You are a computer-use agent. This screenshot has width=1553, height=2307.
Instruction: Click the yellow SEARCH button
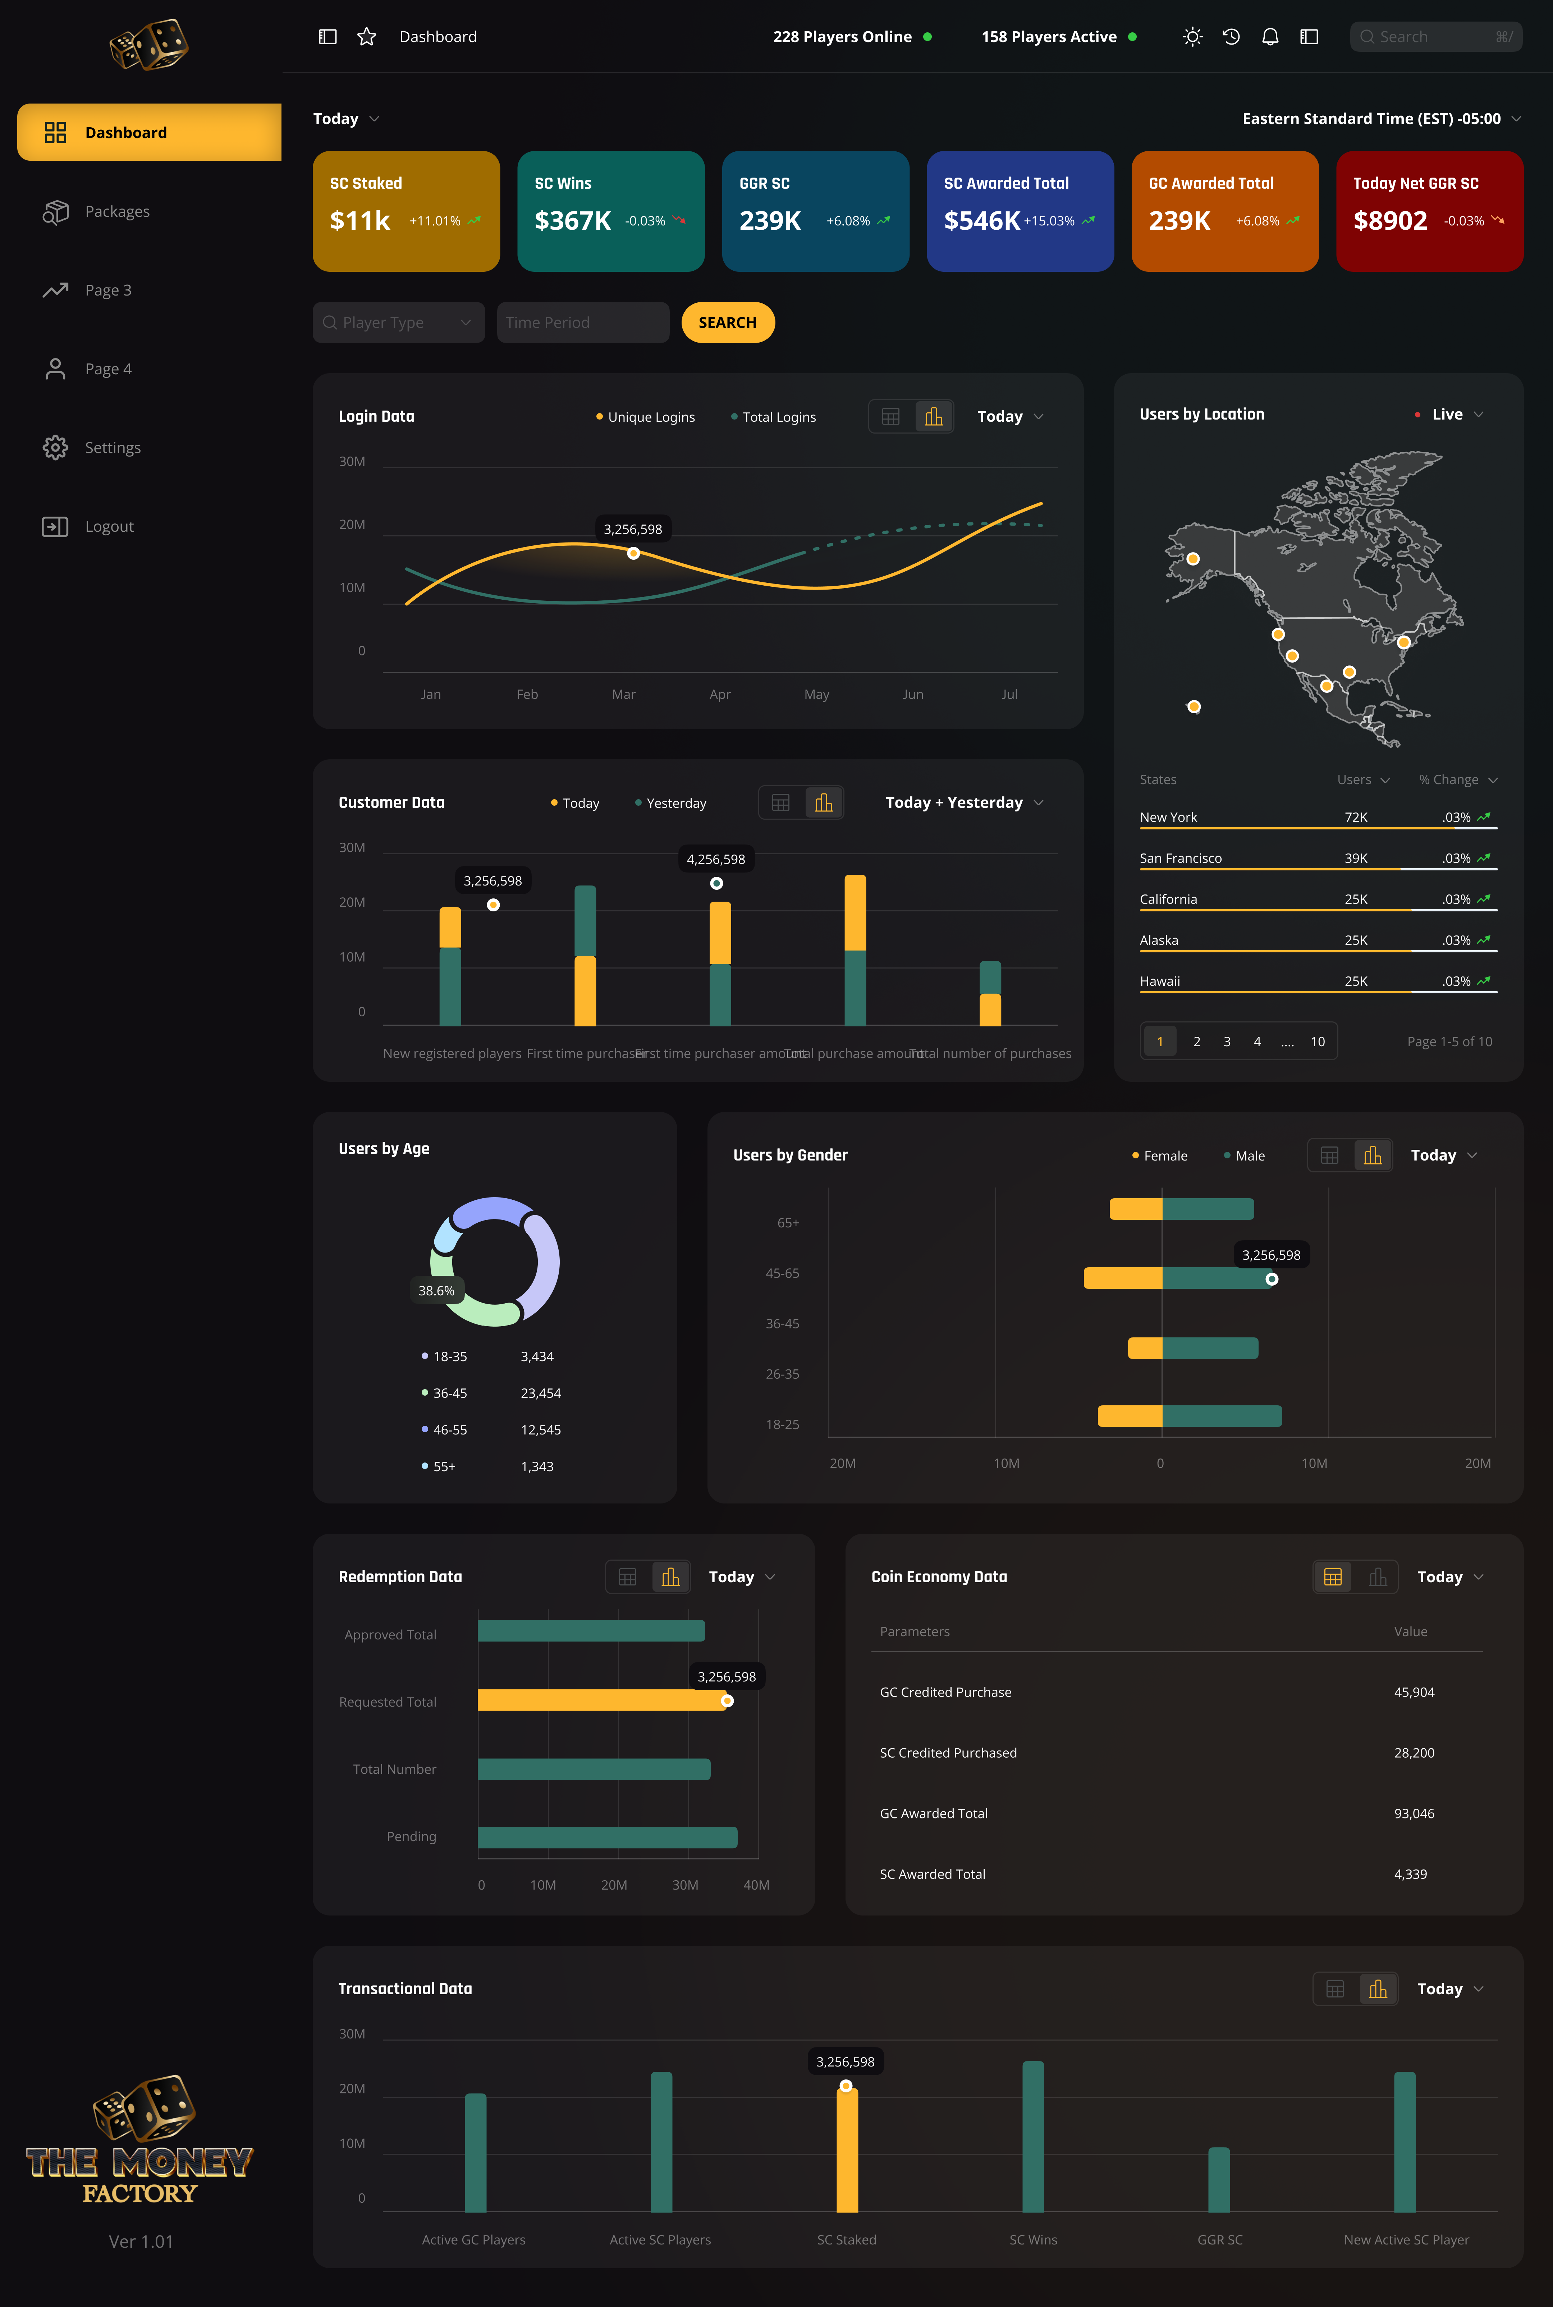pos(727,323)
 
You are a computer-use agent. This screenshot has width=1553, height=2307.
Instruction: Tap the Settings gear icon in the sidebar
pos(55,448)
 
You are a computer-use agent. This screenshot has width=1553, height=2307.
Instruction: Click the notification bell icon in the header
pos(1270,37)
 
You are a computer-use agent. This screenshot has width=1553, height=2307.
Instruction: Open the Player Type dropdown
pos(398,323)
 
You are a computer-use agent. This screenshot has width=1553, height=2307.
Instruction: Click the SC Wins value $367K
pos(572,221)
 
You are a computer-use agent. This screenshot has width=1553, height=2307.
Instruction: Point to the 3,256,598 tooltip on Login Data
pos(633,529)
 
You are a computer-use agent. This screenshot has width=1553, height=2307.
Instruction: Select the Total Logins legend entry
pos(779,417)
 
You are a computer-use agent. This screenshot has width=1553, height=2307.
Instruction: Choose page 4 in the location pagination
pos(1257,1041)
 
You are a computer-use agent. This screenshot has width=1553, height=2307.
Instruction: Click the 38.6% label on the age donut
pos(436,1291)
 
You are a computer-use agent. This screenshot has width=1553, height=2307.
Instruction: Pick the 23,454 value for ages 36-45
pos(541,1393)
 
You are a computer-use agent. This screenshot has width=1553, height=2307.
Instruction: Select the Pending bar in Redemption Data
pos(607,1837)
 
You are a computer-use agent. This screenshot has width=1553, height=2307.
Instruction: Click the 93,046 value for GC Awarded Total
pos(1414,1814)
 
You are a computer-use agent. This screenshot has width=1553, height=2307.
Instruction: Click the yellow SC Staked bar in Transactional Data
pos(847,2150)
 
